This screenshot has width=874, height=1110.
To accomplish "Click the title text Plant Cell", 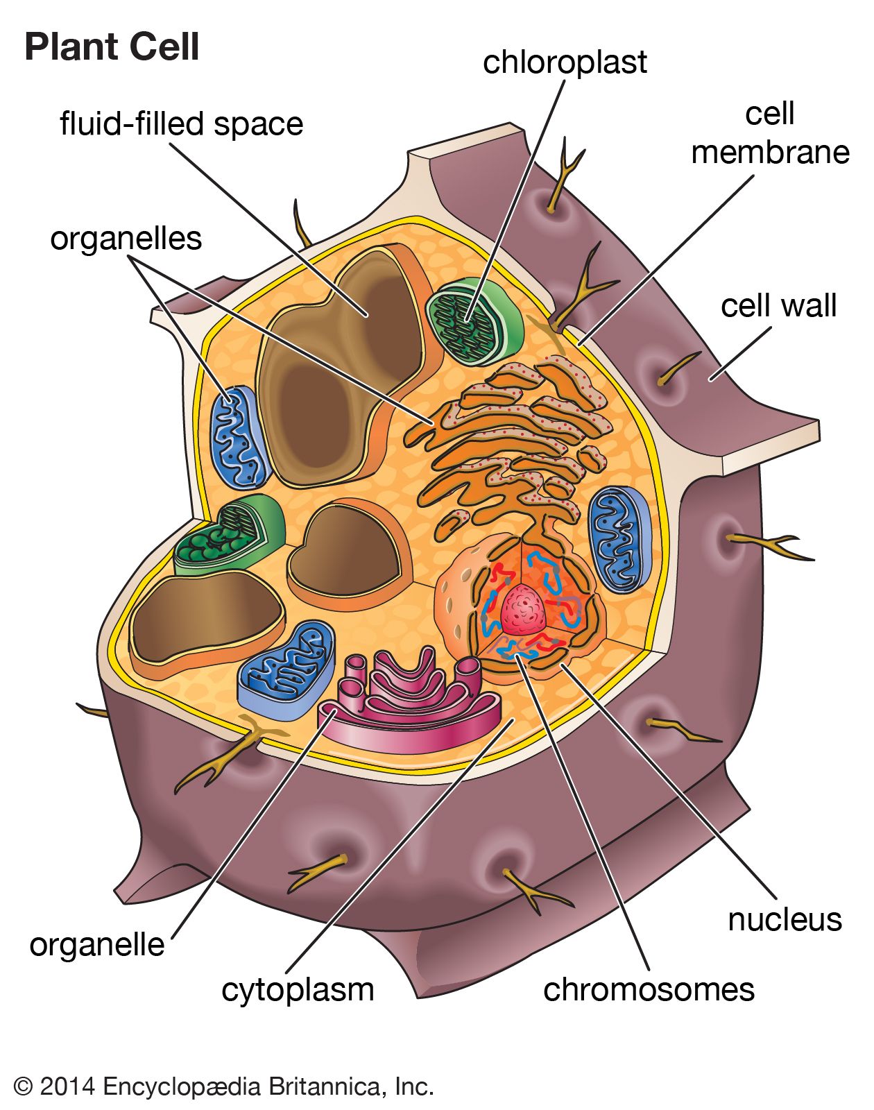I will tap(112, 48).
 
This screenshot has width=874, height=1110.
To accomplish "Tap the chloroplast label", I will tap(565, 62).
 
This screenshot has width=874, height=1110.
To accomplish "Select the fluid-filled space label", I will tap(182, 124).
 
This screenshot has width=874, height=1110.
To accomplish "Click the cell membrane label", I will tap(770, 133).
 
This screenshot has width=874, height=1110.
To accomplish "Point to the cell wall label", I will tap(778, 305).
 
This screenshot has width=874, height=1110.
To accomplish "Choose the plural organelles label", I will tap(126, 239).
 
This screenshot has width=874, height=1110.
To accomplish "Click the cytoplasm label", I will tap(298, 989).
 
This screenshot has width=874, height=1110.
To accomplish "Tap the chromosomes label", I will tap(649, 989).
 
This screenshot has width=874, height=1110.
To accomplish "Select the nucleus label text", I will tap(785, 920).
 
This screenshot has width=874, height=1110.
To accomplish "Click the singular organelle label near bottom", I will tap(97, 945).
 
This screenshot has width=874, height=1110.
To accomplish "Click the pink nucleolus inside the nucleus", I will tap(524, 609).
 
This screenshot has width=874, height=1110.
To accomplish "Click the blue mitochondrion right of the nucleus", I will tap(619, 539).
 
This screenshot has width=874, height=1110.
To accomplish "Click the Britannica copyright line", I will tap(223, 1086).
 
